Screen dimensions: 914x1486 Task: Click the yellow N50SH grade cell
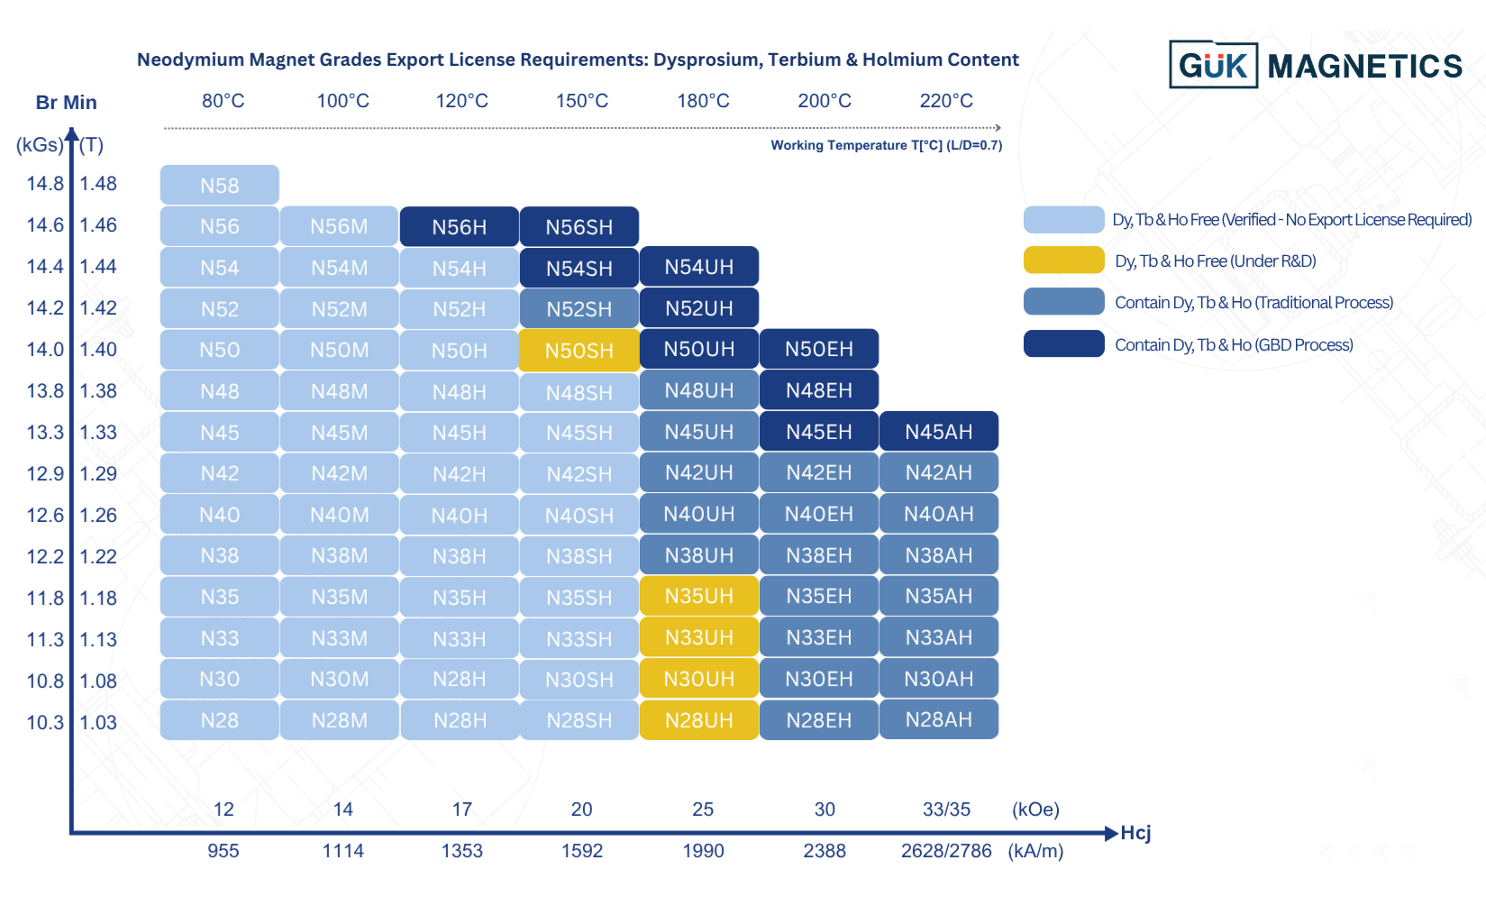(x=579, y=350)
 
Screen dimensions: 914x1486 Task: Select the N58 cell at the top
(x=219, y=185)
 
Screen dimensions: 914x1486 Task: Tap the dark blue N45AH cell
(x=938, y=432)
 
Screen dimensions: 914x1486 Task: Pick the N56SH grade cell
(x=579, y=226)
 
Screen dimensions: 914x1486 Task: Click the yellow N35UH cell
(x=698, y=596)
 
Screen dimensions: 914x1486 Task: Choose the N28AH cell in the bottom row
(x=938, y=719)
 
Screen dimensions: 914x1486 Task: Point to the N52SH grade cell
(x=579, y=308)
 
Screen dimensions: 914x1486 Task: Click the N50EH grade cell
(x=818, y=349)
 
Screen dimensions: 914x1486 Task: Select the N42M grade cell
(x=339, y=473)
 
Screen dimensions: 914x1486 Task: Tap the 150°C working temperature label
(x=581, y=101)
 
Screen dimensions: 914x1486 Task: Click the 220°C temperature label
(x=946, y=101)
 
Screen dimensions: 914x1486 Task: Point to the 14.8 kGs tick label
(x=45, y=184)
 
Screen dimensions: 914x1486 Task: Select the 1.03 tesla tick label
(x=98, y=722)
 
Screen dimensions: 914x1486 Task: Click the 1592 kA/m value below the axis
(x=581, y=851)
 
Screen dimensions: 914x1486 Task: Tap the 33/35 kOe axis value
(x=946, y=809)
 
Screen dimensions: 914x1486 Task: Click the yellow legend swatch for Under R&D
(x=1063, y=260)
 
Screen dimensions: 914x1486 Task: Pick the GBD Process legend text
(x=1234, y=344)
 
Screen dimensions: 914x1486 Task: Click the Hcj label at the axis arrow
(x=1135, y=833)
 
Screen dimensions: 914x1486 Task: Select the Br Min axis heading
(x=66, y=103)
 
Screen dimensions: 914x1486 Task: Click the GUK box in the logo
(x=1213, y=65)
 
